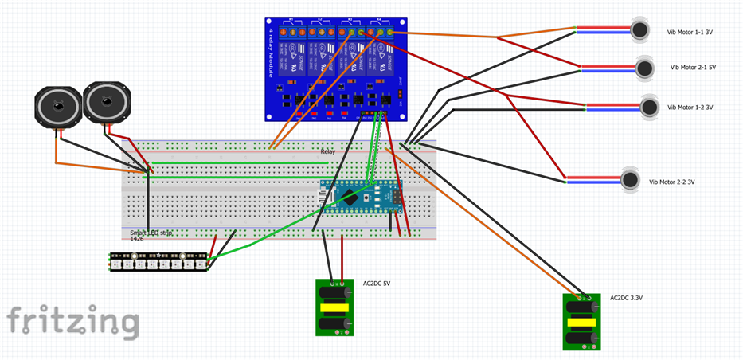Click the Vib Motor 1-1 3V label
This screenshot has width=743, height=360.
point(690,33)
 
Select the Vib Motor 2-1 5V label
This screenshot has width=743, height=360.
point(693,68)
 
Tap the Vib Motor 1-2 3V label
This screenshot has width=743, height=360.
point(690,108)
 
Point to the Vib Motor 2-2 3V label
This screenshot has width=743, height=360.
point(672,182)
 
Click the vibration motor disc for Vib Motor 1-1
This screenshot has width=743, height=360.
point(639,31)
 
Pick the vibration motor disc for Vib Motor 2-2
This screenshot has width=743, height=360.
point(631,180)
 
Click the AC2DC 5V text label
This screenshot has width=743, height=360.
point(377,284)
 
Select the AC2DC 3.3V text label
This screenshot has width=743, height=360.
point(626,298)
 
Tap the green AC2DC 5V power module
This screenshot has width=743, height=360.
point(334,308)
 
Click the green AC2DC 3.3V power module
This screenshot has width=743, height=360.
point(581,322)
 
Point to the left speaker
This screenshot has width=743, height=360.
point(57,107)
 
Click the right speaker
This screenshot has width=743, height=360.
point(104,102)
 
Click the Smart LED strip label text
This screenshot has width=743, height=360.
point(151,233)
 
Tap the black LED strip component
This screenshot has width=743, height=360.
point(158,261)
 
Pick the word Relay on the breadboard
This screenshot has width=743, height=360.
point(328,151)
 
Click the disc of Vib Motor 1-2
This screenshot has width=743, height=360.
point(650,107)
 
